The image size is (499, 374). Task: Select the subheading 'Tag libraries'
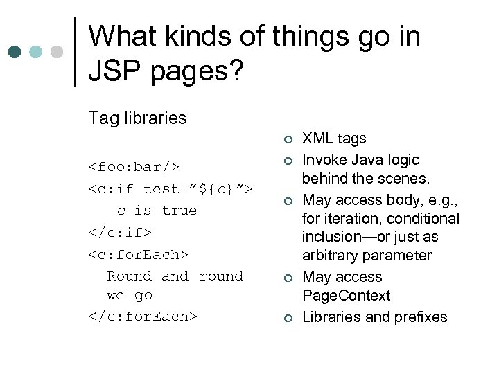point(137,118)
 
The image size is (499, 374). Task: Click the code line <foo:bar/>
point(134,167)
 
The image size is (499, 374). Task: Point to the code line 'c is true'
point(157,211)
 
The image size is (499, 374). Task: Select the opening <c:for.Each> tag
point(138,254)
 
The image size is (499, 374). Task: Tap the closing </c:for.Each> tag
point(143,317)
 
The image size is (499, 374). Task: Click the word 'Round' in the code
point(129,276)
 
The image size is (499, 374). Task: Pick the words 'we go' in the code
point(130,296)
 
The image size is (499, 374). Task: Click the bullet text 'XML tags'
point(334,139)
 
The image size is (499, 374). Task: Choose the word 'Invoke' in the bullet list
point(326,160)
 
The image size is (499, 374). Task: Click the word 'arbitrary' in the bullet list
point(332,256)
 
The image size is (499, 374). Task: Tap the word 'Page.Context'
point(346,296)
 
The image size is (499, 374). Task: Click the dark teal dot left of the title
point(15,52)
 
